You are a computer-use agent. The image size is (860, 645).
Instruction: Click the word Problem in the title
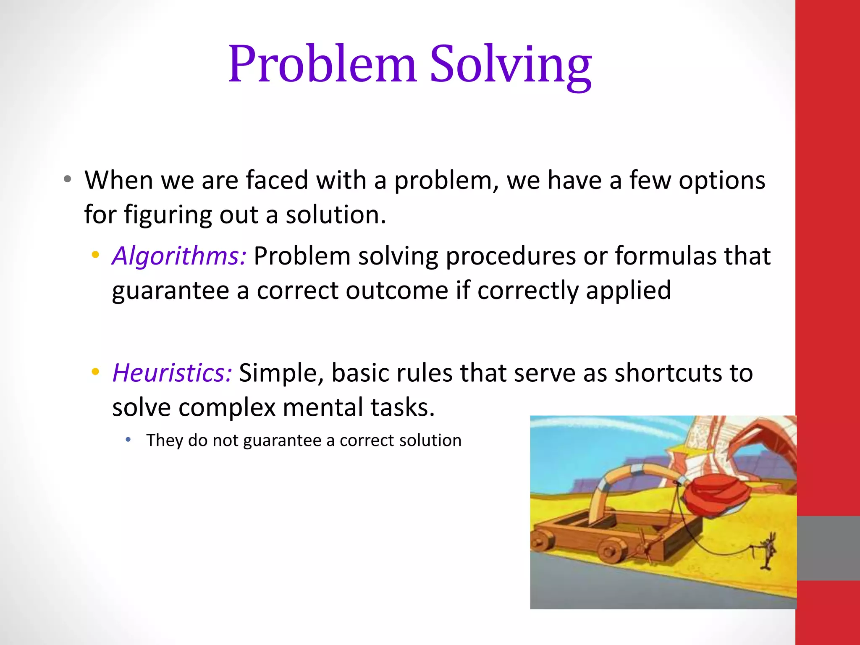pos(322,64)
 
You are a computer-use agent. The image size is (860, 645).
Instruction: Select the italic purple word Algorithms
pos(179,256)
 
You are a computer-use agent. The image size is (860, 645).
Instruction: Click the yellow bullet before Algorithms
pos(96,254)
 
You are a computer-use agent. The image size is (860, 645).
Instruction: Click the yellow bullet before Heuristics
pos(96,372)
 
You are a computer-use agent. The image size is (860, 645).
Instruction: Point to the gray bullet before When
pos(68,180)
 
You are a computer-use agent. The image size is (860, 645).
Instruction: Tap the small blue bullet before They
pos(128,440)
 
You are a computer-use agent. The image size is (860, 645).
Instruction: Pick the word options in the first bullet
pos(722,181)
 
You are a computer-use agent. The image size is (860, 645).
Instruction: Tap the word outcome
pos(397,291)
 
